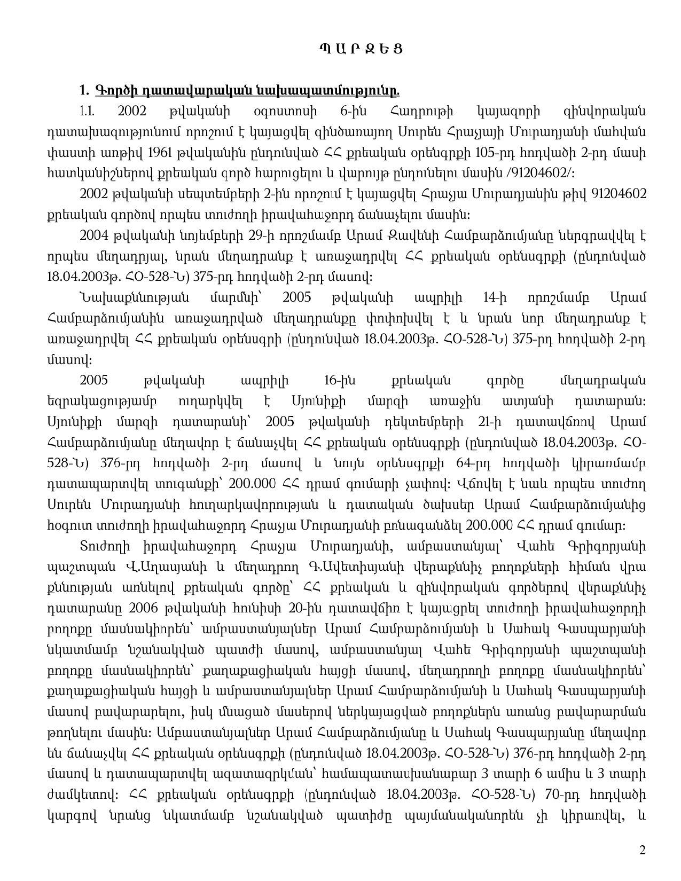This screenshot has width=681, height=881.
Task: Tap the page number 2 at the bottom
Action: (643, 850)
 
